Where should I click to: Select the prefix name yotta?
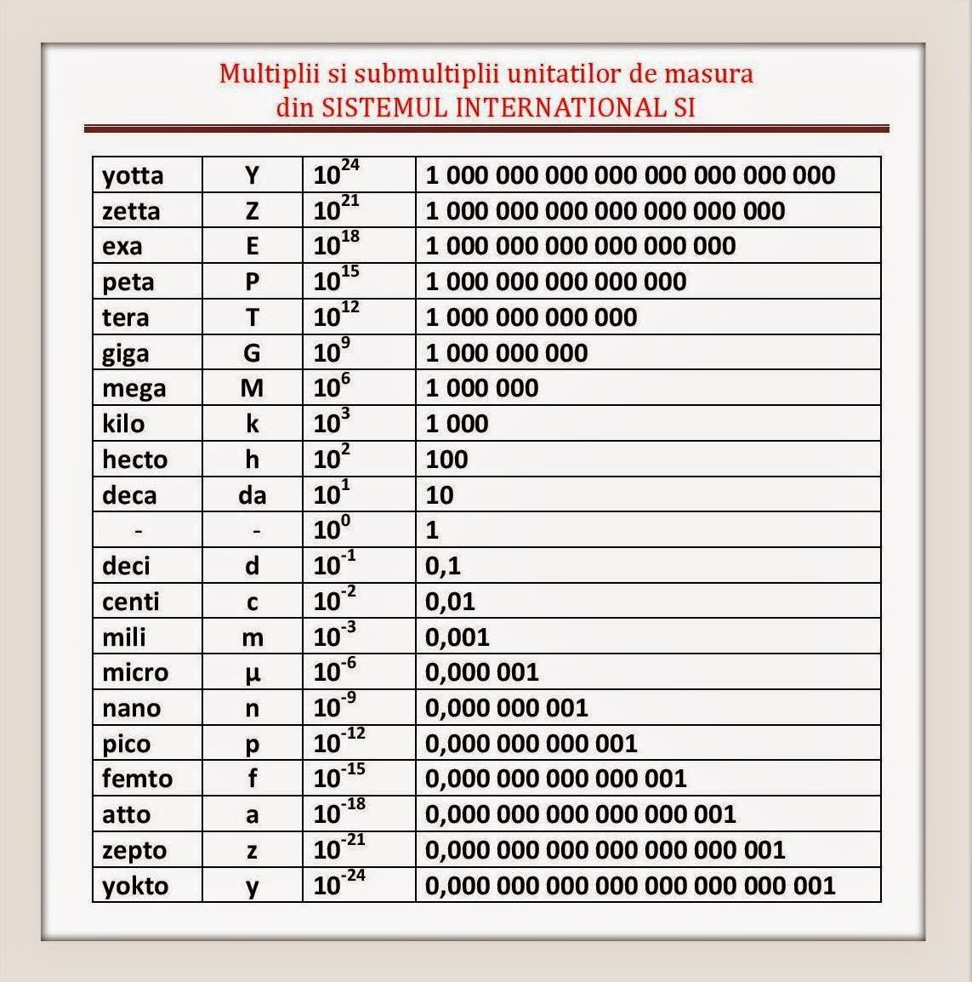tap(133, 175)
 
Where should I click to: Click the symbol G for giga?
tap(252, 353)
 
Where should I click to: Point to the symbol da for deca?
tap(252, 495)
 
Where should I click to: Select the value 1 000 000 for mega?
tap(482, 388)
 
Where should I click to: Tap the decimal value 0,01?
tap(450, 602)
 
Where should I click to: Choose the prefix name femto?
tap(137, 779)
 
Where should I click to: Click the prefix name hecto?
tap(135, 460)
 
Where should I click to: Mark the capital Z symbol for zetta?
tap(252, 212)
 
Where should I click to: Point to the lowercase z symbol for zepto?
tap(252, 851)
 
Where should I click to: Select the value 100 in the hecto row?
tap(446, 460)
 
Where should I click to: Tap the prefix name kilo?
tap(123, 424)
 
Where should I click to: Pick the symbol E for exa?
tap(252, 247)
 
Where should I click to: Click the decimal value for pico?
tap(531, 744)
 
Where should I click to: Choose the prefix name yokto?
tap(135, 886)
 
